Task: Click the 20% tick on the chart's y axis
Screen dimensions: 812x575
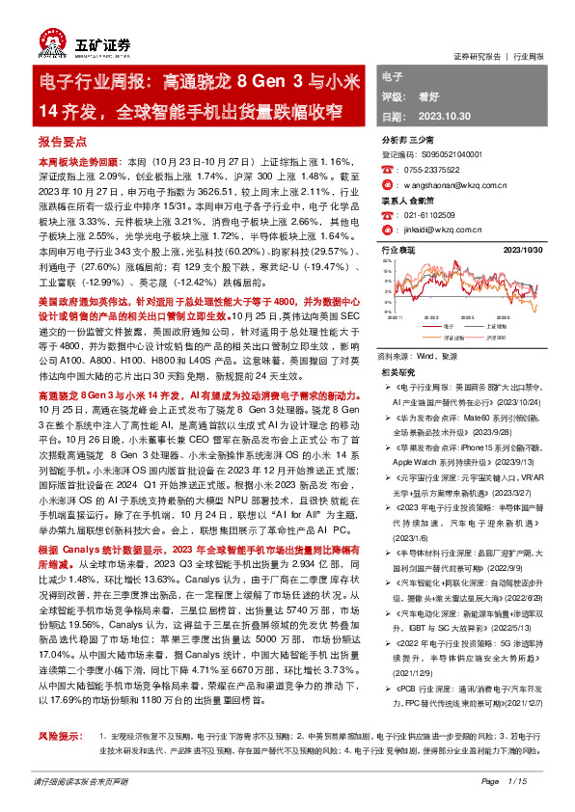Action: [x=388, y=261]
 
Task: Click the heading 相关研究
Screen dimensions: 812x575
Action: [x=398, y=370]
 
